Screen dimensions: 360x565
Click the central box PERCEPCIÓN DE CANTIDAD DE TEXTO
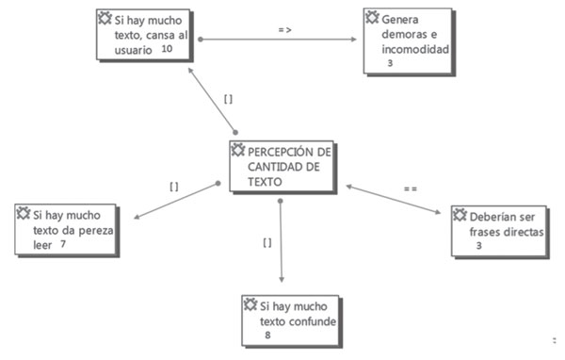(282, 167)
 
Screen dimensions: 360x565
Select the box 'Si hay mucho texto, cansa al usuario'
(143, 34)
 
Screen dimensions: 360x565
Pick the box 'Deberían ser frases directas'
(498, 228)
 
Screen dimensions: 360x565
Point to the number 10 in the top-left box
(167, 49)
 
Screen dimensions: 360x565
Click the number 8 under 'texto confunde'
(267, 334)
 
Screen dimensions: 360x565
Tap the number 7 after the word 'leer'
(62, 244)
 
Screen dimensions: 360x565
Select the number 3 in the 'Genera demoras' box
(390, 64)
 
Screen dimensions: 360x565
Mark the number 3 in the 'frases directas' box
(478, 247)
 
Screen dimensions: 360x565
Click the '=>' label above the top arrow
(284, 30)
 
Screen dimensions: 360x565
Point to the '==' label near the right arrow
(410, 188)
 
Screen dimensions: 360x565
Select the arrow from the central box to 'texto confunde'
(282, 240)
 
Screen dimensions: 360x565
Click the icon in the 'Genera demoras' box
(372, 17)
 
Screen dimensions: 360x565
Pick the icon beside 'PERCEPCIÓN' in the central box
(238, 150)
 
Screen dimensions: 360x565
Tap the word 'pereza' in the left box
(82, 228)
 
